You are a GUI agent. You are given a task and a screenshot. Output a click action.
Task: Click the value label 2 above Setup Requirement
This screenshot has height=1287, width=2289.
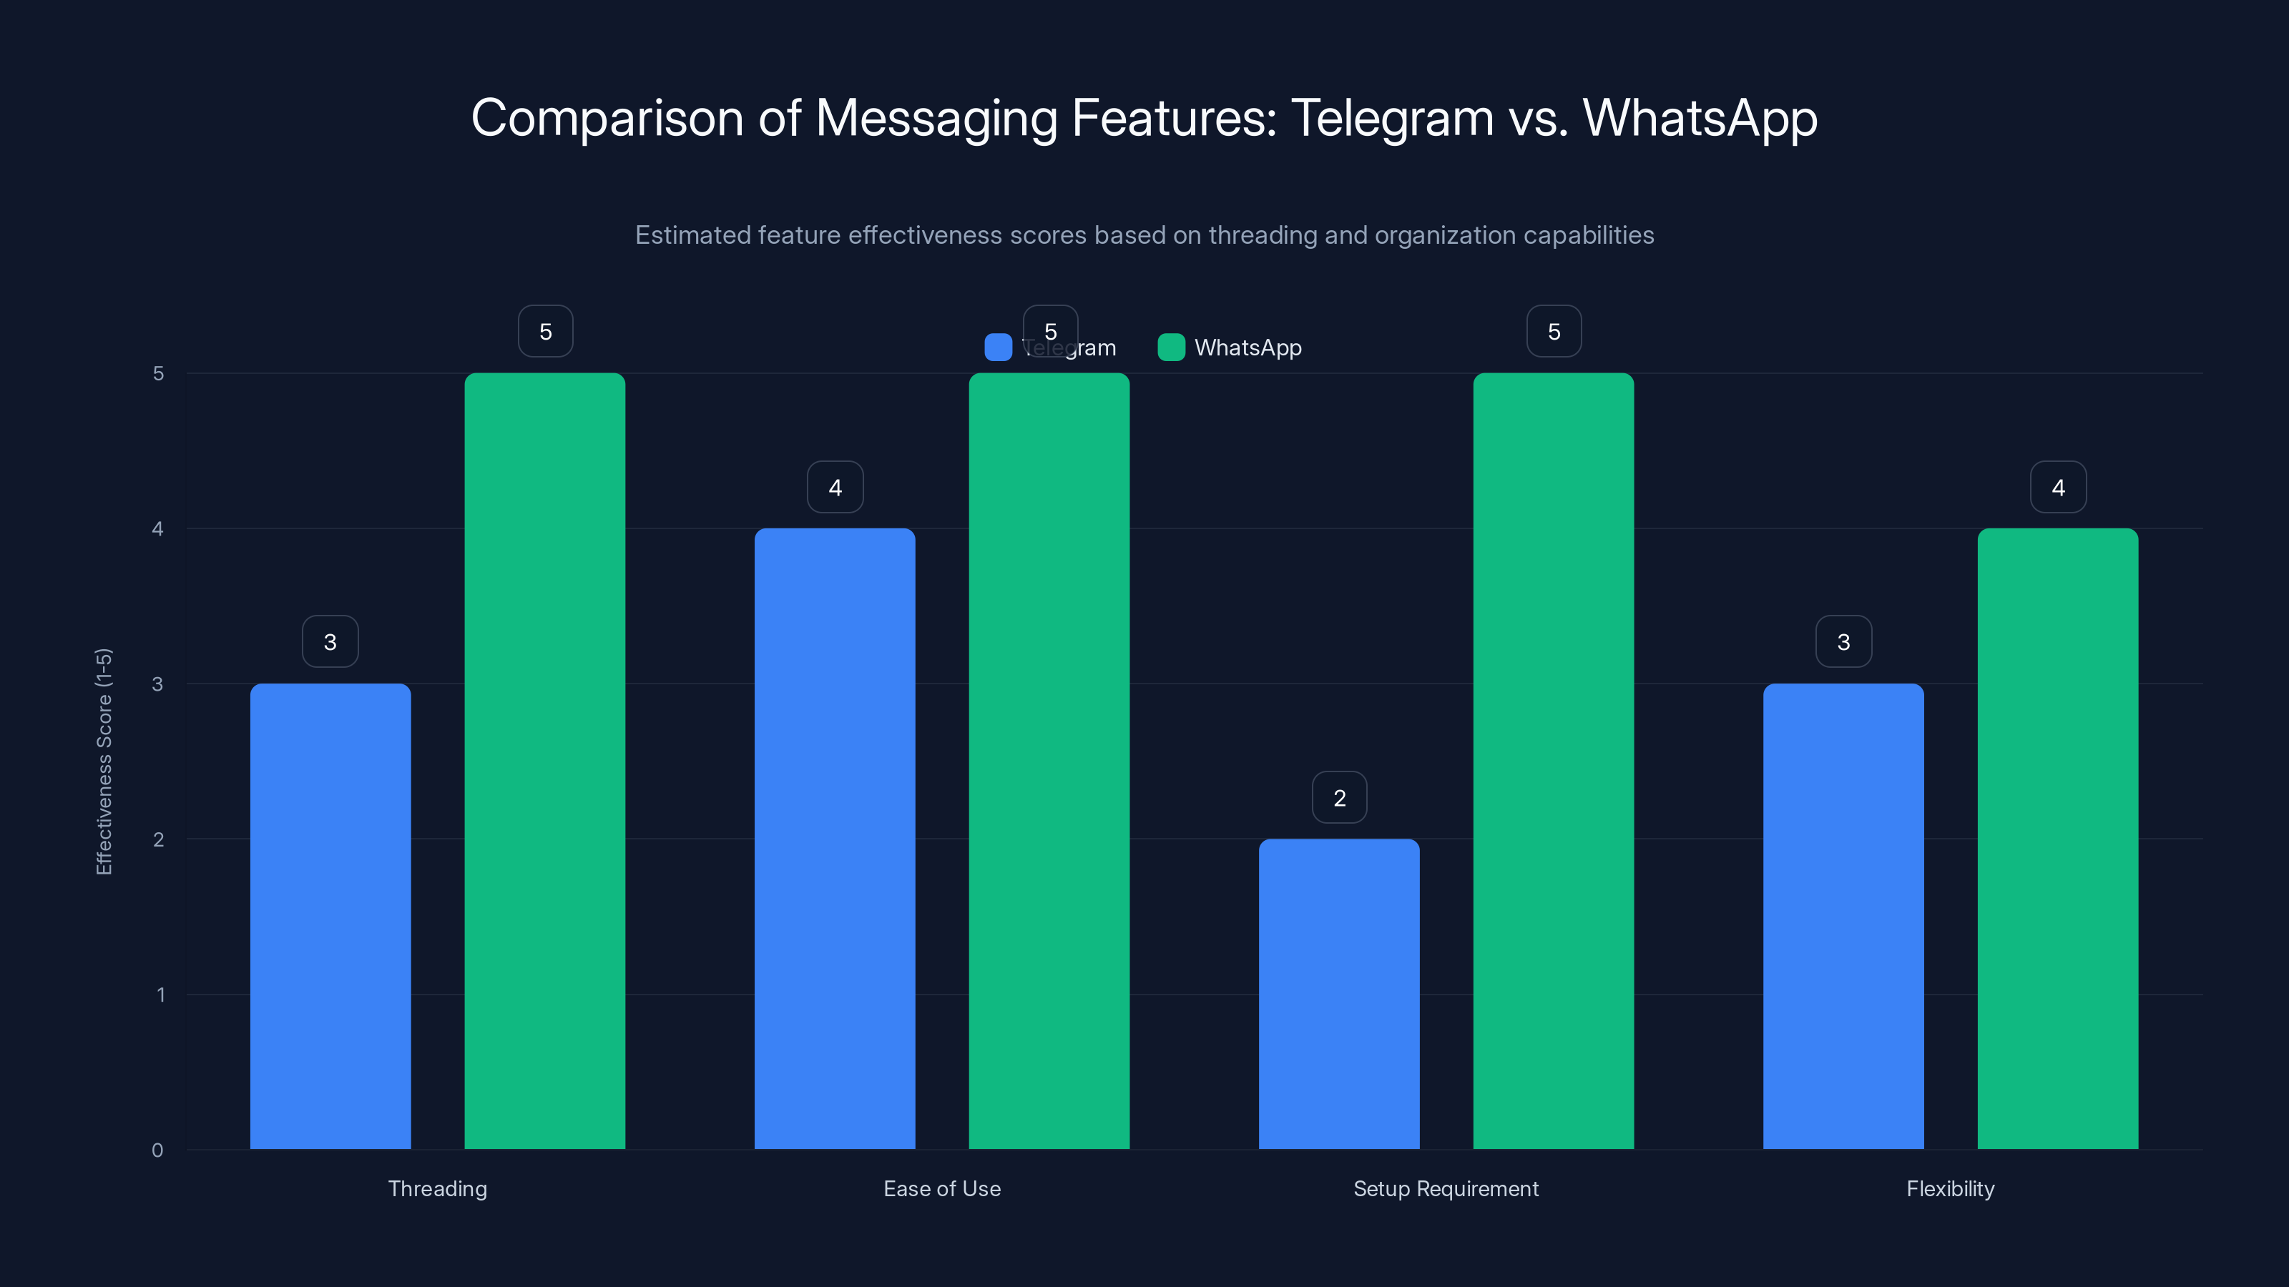(1339, 798)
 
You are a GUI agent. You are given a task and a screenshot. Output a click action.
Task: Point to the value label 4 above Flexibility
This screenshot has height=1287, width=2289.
(2058, 487)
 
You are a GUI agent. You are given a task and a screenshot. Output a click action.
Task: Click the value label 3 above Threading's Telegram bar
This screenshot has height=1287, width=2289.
(330, 641)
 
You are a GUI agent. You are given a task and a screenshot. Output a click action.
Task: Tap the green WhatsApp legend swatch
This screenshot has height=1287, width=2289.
(1171, 347)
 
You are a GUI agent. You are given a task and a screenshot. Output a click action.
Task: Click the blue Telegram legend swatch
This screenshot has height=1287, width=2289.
(998, 347)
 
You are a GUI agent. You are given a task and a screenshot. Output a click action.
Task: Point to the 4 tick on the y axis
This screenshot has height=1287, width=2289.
(158, 528)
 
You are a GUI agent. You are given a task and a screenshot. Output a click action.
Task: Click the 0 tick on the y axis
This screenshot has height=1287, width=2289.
(158, 1150)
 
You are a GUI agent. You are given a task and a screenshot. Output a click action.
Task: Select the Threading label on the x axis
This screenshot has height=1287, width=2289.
(437, 1188)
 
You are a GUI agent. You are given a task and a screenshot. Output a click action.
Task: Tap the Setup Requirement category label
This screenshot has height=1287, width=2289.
(1446, 1188)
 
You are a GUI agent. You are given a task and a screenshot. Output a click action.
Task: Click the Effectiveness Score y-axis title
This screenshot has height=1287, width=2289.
(104, 761)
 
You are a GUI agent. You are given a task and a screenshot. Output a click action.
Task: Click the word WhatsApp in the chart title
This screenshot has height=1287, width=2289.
(1700, 117)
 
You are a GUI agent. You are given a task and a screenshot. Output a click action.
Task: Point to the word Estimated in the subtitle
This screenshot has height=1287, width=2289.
(692, 235)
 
